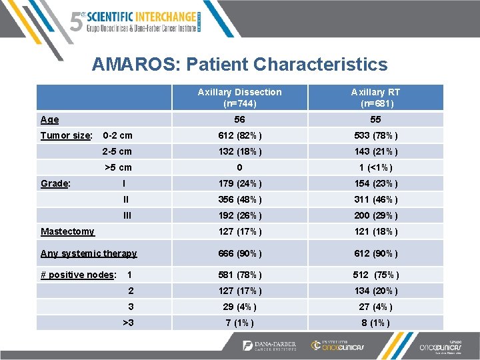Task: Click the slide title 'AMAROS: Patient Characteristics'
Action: point(239,64)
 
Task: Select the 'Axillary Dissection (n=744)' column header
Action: point(240,97)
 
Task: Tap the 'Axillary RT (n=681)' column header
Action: point(376,97)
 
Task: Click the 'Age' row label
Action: point(49,120)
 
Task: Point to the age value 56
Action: point(240,119)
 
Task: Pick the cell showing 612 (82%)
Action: point(240,135)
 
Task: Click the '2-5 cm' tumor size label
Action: point(117,151)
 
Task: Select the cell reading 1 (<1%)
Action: point(376,167)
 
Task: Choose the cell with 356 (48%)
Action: point(240,199)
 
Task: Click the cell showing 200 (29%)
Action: point(376,215)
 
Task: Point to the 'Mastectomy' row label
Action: point(67,231)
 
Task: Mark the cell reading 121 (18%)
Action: point(376,231)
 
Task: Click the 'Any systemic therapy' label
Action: point(89,253)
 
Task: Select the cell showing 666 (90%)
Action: point(240,253)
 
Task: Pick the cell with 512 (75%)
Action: point(376,275)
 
